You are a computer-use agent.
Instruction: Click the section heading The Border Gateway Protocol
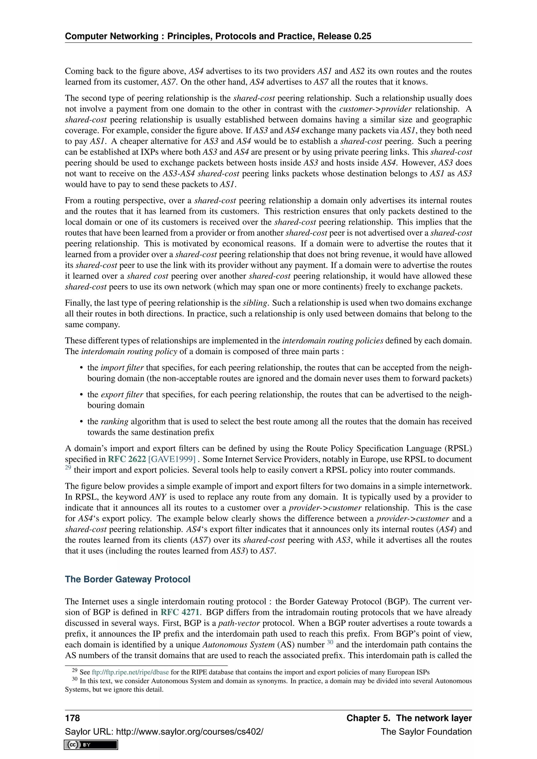127,579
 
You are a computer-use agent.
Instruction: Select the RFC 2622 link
127,459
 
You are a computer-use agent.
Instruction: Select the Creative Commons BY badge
91,745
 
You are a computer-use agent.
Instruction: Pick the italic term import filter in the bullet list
122,368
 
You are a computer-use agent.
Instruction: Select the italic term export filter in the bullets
122,394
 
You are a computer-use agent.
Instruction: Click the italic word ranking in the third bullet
114,421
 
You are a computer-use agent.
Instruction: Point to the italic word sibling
255,303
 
